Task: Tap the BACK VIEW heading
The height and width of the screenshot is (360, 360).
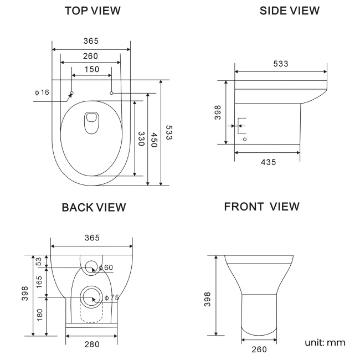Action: pos(94,207)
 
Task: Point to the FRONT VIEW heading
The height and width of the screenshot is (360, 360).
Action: pos(262,207)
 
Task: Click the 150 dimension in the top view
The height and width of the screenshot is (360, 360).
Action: pos(92,69)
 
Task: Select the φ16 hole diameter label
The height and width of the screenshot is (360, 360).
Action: pos(42,92)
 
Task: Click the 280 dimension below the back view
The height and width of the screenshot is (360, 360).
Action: pos(92,344)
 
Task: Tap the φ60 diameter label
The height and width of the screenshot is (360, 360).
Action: pos(106,268)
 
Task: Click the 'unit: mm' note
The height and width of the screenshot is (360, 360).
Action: pos(325,342)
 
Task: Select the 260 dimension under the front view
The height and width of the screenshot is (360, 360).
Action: pos(260,349)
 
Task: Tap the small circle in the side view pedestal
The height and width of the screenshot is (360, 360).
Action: pos(245,139)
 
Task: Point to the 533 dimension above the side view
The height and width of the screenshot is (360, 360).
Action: pos(280,64)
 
